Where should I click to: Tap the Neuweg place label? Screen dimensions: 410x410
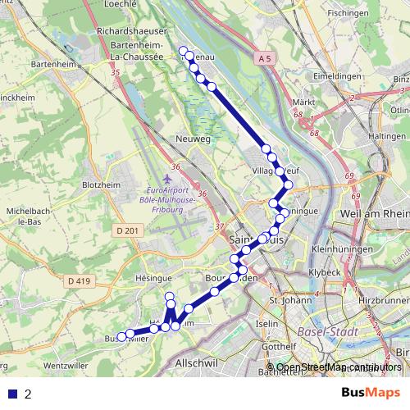tap(194, 139)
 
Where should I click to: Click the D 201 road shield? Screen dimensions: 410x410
tap(125, 232)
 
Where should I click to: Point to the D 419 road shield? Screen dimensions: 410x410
tap(79, 280)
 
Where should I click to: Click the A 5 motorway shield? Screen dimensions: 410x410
tap(262, 59)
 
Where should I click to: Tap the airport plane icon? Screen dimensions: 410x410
tap(168, 177)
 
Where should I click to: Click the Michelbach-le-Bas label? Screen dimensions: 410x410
tap(25, 216)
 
